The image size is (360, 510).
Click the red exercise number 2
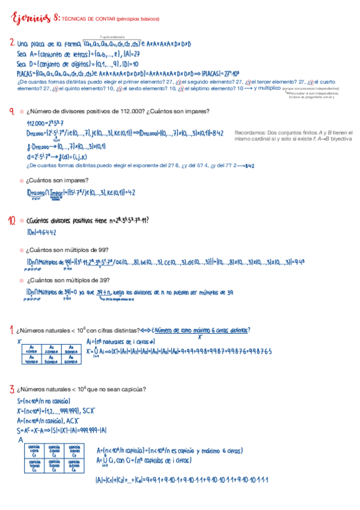pyautogui.click(x=12, y=43)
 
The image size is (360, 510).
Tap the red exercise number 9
pyautogui.click(x=12, y=111)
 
